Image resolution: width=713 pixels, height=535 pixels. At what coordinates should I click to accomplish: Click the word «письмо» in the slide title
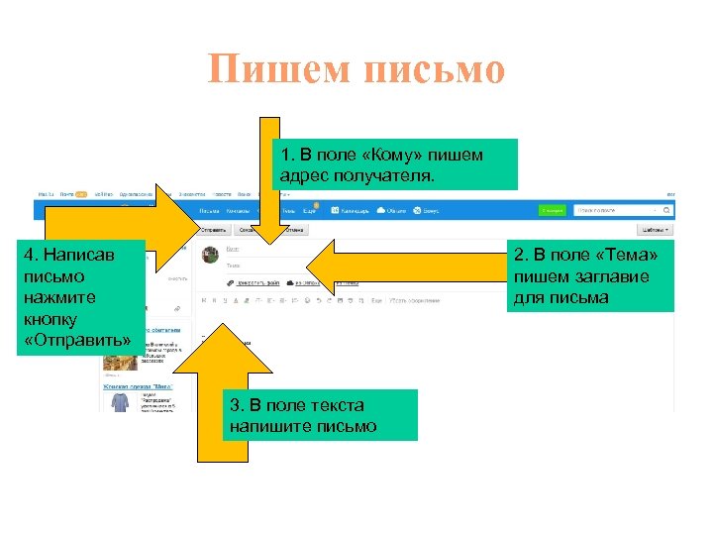(x=436, y=69)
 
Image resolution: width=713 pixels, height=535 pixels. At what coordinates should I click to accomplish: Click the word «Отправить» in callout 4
(x=77, y=341)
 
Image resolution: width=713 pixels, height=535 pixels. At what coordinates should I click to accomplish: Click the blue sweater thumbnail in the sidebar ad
(x=120, y=400)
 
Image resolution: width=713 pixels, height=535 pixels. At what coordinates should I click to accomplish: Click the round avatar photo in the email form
(x=211, y=256)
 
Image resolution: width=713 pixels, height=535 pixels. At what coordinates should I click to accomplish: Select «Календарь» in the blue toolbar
(x=353, y=210)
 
